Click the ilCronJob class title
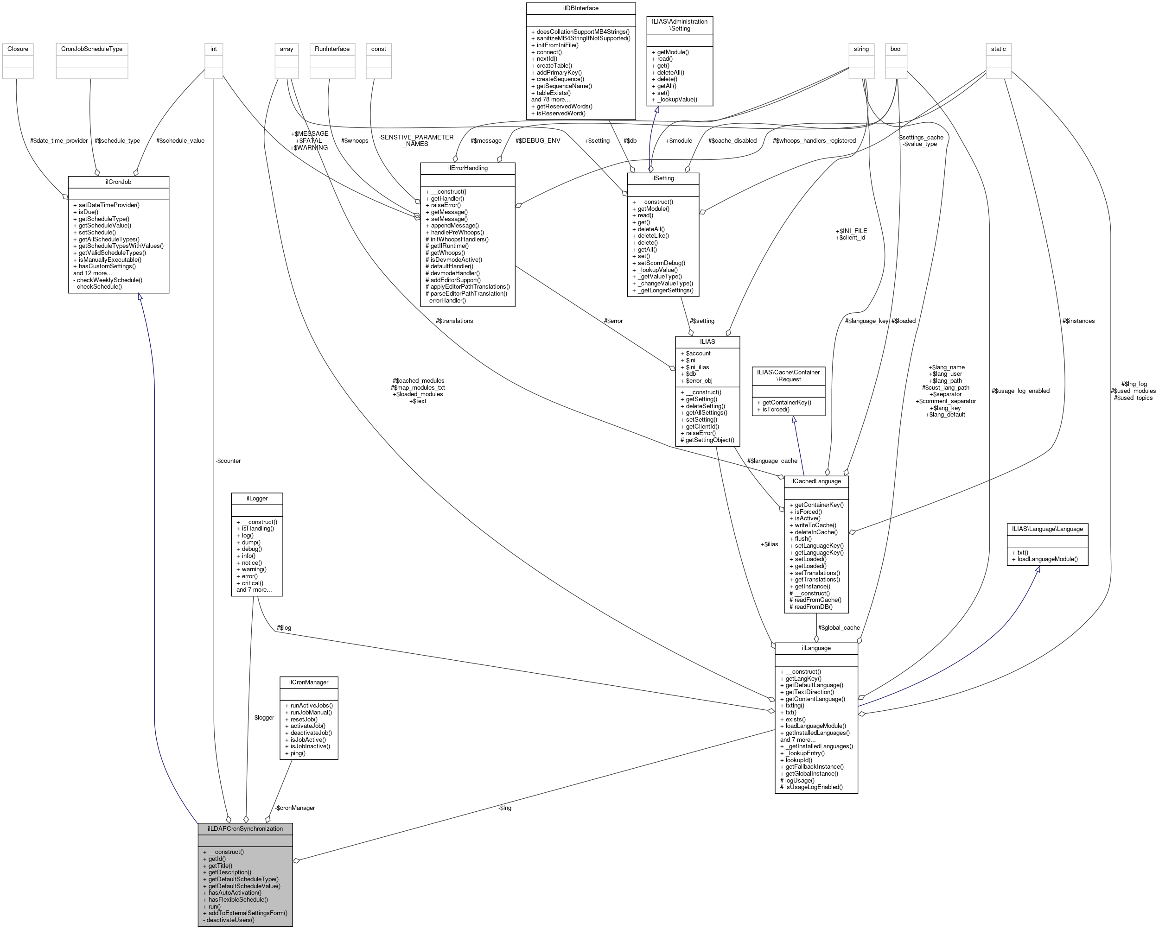click(x=118, y=182)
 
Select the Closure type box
click(x=18, y=49)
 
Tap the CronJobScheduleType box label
click(x=92, y=49)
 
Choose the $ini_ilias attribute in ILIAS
click(x=697, y=367)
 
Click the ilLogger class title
click(x=257, y=499)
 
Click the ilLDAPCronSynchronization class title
click(x=245, y=828)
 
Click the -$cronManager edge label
click(x=294, y=808)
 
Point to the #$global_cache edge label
click(x=839, y=627)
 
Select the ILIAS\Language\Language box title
click(x=1047, y=529)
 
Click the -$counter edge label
click(x=228, y=461)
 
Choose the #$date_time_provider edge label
click(x=59, y=141)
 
